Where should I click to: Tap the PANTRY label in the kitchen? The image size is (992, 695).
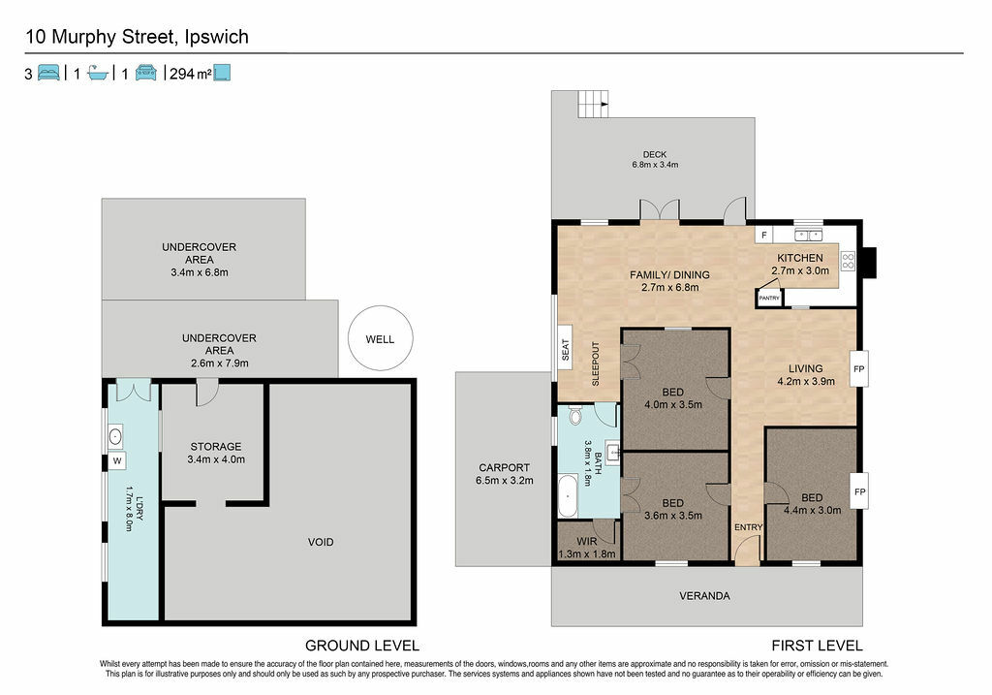[x=769, y=299]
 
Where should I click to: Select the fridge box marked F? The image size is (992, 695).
[x=764, y=235]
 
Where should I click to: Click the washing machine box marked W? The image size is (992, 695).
[x=117, y=460]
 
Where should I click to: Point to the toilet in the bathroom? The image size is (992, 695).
[x=575, y=415]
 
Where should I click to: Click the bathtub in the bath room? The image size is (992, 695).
[x=568, y=495]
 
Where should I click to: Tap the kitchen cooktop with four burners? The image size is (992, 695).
[x=848, y=261]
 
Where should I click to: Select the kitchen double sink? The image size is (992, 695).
[x=808, y=235]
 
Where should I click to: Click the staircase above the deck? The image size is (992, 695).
[x=594, y=104]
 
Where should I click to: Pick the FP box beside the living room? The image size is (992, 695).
[x=859, y=368]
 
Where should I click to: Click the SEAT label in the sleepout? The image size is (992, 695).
[x=566, y=350]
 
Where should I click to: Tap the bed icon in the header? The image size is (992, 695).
[x=48, y=73]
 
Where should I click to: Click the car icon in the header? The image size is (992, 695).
[x=146, y=73]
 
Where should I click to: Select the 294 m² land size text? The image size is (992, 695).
[x=191, y=74]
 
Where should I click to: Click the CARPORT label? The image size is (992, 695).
[x=504, y=468]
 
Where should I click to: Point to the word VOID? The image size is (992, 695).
[x=321, y=542]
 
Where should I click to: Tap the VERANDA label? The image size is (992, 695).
[x=705, y=595]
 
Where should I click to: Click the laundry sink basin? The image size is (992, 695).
[x=115, y=437]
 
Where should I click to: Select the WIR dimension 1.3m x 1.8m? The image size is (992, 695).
[x=587, y=553]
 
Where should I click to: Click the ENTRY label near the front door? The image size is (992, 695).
[x=749, y=527]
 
